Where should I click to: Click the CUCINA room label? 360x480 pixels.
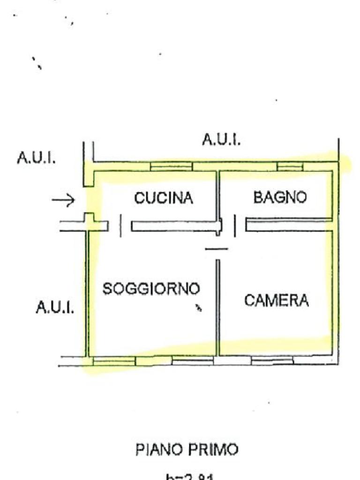click(x=164, y=198)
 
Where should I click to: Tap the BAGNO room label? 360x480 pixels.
click(x=280, y=197)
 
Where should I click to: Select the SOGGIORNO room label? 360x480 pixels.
click(x=151, y=288)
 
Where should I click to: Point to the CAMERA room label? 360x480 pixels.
click(x=277, y=300)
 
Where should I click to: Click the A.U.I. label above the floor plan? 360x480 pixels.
click(x=221, y=139)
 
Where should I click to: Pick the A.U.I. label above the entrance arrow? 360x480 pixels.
click(x=36, y=157)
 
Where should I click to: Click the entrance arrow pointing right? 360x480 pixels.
click(x=63, y=201)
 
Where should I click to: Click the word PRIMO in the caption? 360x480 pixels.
click(x=213, y=450)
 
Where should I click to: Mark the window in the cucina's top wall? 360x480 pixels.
click(x=171, y=166)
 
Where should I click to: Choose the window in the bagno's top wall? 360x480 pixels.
click(x=290, y=166)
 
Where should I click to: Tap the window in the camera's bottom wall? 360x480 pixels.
click(x=272, y=360)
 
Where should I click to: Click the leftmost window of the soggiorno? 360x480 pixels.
click(x=114, y=360)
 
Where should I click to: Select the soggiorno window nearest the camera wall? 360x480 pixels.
click(x=192, y=360)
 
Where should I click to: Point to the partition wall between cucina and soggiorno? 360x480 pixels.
click(x=173, y=226)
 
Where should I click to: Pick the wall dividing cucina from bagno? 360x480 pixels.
click(x=218, y=195)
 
